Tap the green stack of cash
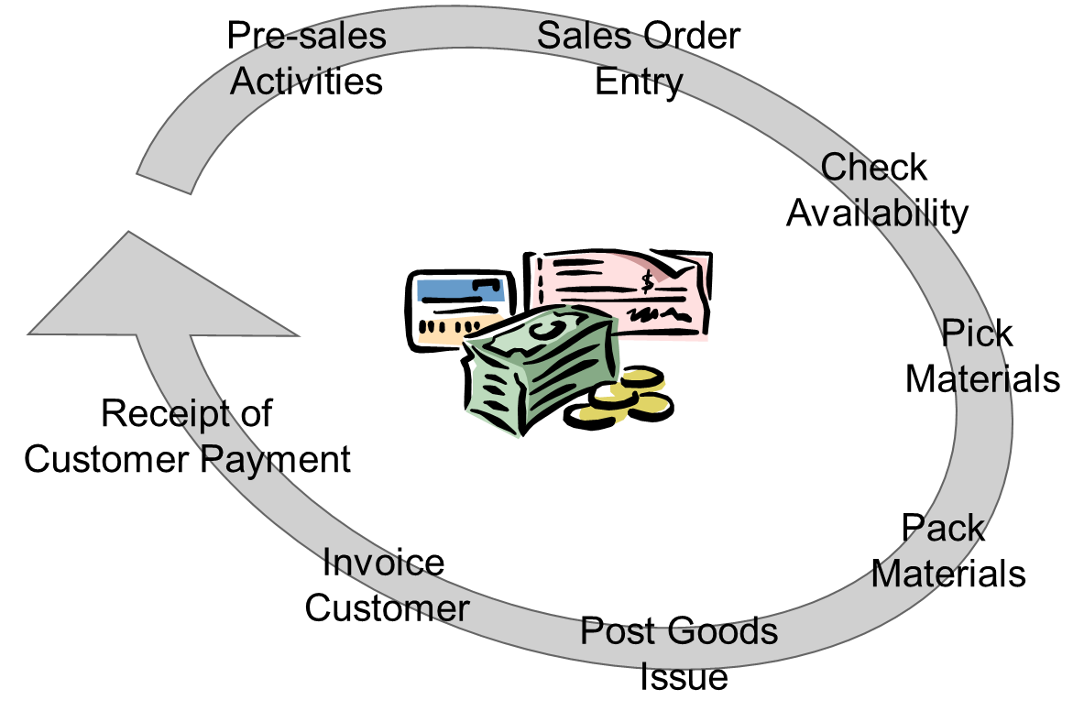click(x=541, y=371)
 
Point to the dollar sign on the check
click(x=649, y=280)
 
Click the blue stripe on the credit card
click(x=461, y=290)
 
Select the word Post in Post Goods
click(x=619, y=632)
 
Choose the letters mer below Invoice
click(x=435, y=609)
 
